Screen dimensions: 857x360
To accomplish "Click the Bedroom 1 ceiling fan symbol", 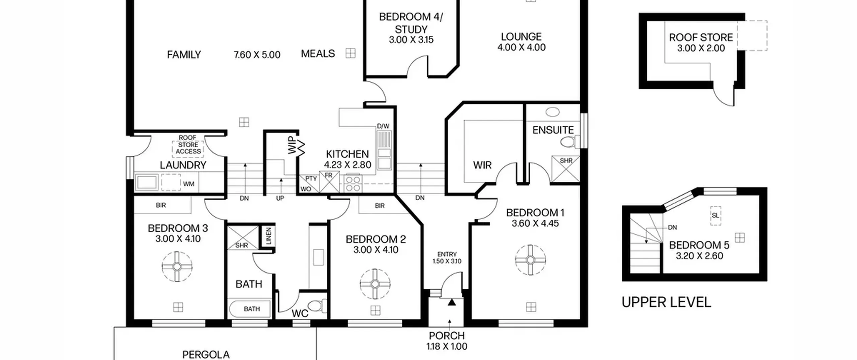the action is tap(530, 260).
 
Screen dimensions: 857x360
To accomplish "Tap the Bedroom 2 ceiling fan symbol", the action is tap(375, 284).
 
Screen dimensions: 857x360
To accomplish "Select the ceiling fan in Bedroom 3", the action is tap(177, 267).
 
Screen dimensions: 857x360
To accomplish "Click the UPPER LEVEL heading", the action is tap(666, 302).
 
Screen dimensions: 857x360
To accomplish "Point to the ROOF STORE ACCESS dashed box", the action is tap(188, 145).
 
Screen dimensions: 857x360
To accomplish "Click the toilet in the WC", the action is tap(317, 306).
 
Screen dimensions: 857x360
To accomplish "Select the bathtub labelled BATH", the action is tap(249, 309).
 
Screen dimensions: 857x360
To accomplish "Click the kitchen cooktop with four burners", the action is tap(353, 184).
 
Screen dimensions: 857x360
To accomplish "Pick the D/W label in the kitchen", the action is tap(383, 126).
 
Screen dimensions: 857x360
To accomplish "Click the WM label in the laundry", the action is tap(189, 184).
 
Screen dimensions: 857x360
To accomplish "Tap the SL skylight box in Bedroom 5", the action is tap(715, 215).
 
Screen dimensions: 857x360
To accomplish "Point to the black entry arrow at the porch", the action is tap(452, 302).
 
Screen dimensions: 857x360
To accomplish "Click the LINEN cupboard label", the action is tap(268, 236).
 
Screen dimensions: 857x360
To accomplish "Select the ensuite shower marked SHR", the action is tap(565, 169).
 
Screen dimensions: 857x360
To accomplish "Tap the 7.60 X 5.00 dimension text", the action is tap(257, 55).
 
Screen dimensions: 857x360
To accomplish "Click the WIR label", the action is tap(482, 165).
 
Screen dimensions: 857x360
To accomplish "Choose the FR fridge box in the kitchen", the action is tap(330, 182).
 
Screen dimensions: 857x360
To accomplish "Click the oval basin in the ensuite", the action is tap(552, 112).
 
